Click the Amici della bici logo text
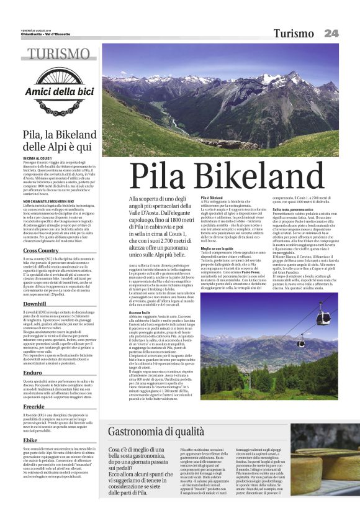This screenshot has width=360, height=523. click(59, 93)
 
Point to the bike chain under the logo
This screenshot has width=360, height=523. click(59, 112)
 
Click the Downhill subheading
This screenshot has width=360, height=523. click(34, 304)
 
